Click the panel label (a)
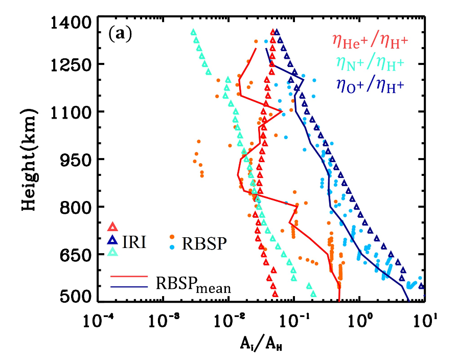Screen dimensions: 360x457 point(120,35)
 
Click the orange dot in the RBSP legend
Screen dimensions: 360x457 point(173,237)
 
